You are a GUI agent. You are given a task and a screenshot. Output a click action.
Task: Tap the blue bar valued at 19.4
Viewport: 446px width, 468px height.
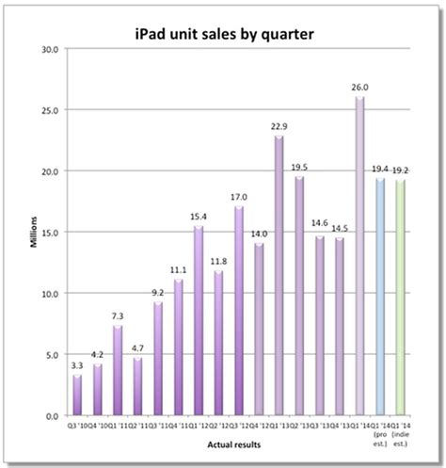(x=379, y=297)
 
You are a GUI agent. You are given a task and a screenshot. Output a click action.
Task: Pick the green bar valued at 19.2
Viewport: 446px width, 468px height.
(x=400, y=298)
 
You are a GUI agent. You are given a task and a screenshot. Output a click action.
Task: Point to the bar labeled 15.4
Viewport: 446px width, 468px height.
(x=199, y=321)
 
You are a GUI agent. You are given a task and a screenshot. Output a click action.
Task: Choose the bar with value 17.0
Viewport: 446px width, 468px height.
(x=239, y=311)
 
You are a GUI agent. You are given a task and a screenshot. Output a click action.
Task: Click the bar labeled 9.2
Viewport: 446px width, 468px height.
(x=158, y=359)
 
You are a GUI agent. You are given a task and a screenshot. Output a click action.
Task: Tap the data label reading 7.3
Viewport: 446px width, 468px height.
(x=118, y=315)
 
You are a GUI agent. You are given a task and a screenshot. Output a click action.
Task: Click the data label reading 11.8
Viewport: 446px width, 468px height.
(x=218, y=261)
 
